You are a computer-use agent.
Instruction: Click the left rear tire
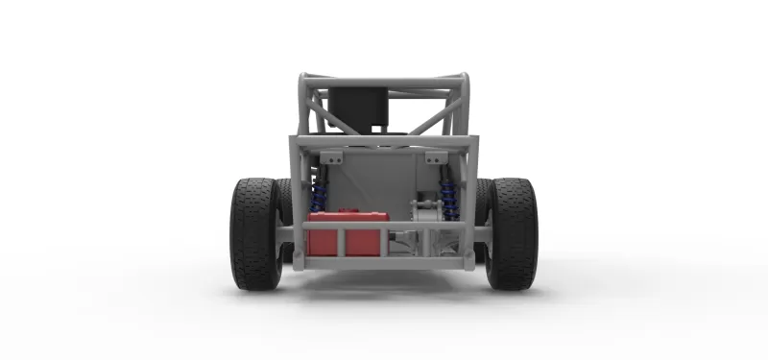pyautogui.click(x=255, y=233)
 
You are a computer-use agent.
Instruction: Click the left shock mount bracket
pyautogui.click(x=331, y=157)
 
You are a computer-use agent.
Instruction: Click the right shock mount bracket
pyautogui.click(x=436, y=157)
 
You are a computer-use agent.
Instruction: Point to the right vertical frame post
pyautogui.click(x=469, y=202)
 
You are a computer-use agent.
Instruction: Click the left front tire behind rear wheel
pyautogui.click(x=285, y=206)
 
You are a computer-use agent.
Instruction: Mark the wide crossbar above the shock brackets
pyautogui.click(x=384, y=142)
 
